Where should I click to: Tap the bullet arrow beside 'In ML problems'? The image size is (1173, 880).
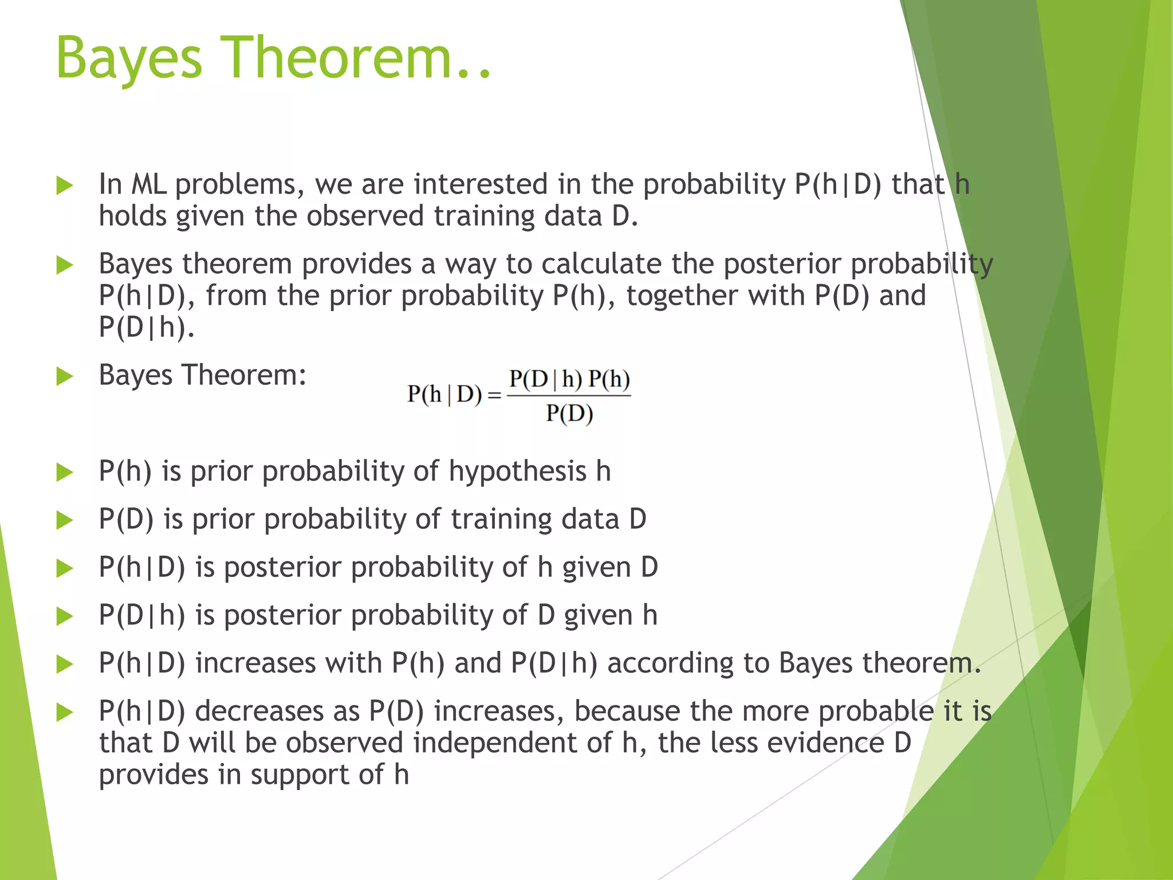65,186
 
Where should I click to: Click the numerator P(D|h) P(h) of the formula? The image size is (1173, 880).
569,379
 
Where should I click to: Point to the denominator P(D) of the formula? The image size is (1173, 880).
569,413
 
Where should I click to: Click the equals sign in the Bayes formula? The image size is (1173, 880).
494,396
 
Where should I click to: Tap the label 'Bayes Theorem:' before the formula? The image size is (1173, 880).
202,375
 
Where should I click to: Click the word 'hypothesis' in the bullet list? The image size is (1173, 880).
517,472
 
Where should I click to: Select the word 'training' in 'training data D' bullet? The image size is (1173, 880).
501,519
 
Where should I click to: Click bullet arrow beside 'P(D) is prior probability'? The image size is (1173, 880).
65,520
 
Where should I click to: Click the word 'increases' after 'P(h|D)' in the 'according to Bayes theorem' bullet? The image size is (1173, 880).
255,663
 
